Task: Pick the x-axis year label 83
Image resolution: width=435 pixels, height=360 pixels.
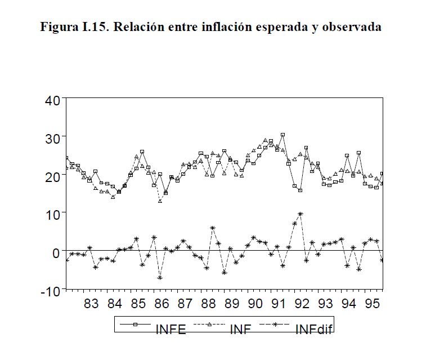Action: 91,305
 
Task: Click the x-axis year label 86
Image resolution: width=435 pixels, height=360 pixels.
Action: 162,305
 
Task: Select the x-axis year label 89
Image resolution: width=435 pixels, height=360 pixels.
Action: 231,305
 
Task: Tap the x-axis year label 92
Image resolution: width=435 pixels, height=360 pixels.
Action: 302,305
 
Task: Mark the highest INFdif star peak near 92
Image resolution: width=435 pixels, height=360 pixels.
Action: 301,214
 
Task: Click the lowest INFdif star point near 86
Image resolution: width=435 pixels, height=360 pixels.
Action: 160,278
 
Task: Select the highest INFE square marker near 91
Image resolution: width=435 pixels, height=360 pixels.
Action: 282,135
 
